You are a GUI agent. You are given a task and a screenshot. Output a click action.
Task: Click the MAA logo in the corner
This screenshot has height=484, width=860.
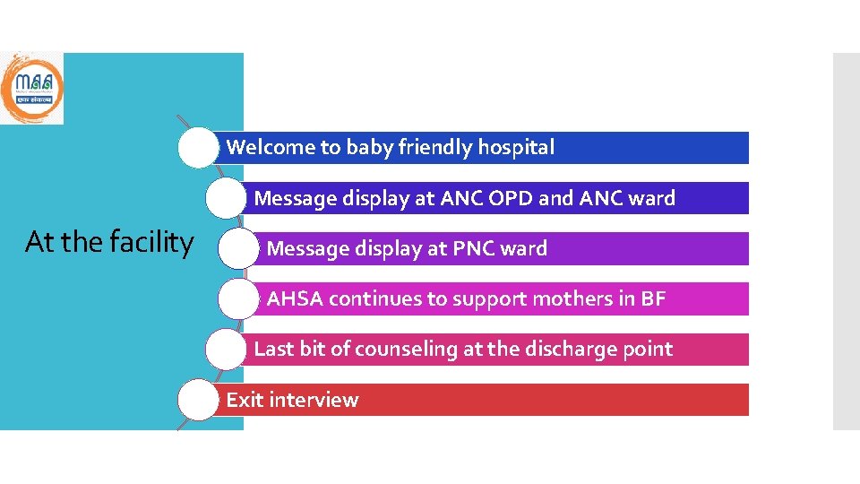(31, 87)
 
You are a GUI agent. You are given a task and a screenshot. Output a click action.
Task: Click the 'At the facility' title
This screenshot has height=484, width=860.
(109, 242)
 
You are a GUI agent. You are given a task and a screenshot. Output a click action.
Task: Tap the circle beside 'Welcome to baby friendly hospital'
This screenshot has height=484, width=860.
(197, 148)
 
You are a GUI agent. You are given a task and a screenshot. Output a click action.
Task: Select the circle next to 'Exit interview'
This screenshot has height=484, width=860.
(197, 400)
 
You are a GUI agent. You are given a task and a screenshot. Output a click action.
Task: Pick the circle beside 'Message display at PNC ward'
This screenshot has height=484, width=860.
(237, 249)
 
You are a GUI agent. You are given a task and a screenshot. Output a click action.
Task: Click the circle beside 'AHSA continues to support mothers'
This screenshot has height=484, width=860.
(237, 299)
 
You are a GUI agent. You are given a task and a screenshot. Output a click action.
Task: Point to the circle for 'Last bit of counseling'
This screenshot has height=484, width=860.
(224, 350)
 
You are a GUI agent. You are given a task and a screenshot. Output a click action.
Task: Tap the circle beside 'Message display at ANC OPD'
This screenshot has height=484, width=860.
(224, 198)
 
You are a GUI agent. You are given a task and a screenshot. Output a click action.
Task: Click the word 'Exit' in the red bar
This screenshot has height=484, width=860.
(243, 400)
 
